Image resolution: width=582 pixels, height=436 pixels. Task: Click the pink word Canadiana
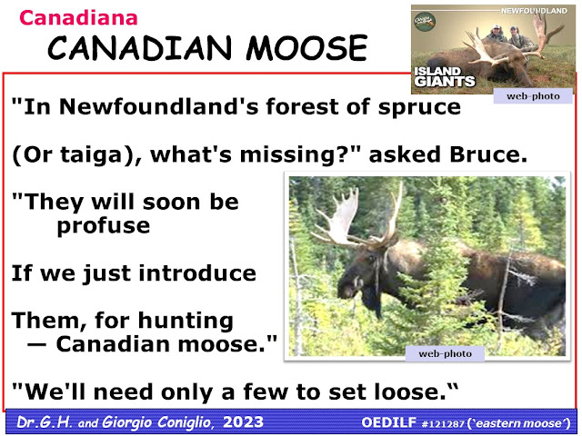78,18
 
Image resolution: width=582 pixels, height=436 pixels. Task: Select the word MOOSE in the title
306,48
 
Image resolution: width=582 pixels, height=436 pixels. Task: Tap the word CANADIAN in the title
139,48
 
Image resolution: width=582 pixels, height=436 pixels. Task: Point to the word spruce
419,108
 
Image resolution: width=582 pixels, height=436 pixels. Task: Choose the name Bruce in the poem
488,154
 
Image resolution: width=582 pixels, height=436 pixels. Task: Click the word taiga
91,155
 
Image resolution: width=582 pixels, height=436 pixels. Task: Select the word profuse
104,226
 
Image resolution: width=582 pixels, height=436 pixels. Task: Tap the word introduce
197,273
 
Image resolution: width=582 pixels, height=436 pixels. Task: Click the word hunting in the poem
186,322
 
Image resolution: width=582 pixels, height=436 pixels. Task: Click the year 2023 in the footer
243,421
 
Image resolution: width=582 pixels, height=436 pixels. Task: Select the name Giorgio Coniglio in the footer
157,422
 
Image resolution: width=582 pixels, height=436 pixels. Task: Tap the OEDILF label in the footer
389,422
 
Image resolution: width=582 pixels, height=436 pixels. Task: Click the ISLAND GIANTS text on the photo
445,76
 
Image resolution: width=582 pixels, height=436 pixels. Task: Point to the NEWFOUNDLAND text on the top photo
534,11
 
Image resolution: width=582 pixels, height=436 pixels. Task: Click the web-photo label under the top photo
533,96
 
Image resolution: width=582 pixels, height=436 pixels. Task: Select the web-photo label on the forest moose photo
445,353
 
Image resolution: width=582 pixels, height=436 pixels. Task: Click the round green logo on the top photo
425,22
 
